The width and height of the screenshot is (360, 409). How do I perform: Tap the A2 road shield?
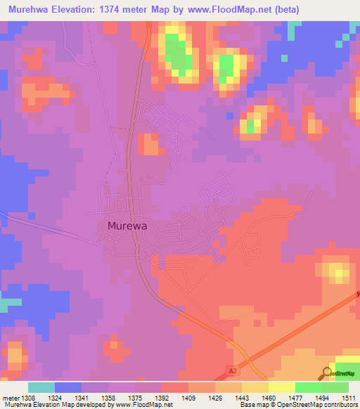point(233,368)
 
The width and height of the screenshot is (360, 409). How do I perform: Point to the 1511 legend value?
point(348,397)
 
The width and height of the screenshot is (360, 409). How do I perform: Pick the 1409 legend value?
point(188,397)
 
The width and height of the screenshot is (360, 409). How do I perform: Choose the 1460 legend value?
point(268,397)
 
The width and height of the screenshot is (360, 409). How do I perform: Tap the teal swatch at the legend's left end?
point(41,387)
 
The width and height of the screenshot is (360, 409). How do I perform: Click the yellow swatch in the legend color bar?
point(282,387)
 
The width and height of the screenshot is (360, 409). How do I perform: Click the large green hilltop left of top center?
point(180,56)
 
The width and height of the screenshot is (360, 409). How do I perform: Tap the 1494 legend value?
point(321,397)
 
